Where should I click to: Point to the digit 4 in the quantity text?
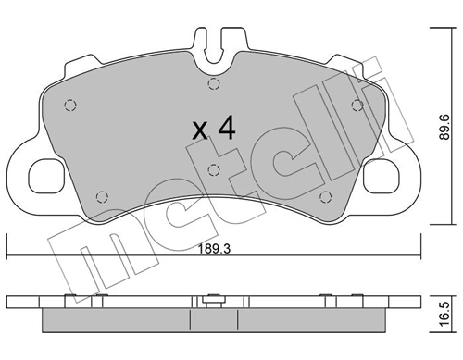coord(225,127)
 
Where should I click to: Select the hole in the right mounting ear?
coord(380,171)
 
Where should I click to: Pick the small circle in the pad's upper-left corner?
coord(69,104)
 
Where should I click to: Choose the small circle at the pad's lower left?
coord(102,195)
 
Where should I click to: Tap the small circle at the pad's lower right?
coord(324,195)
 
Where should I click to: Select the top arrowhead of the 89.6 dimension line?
coord(437,31)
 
